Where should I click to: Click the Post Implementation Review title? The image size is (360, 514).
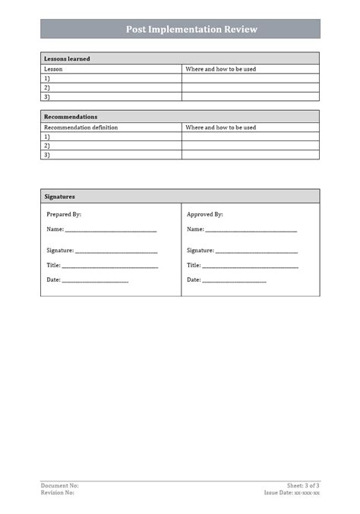click(191, 30)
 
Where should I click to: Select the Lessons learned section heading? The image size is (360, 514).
click(67, 58)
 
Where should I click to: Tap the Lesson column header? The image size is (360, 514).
click(53, 68)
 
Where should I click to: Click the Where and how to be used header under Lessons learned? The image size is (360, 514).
click(220, 68)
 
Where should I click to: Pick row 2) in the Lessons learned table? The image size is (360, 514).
click(47, 87)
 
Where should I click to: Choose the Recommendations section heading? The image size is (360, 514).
click(71, 117)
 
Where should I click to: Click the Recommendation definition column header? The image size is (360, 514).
click(81, 128)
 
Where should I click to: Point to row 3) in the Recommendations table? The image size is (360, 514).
click(47, 155)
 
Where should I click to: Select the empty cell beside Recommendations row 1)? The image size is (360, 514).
click(250, 137)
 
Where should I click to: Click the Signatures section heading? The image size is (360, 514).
click(59, 196)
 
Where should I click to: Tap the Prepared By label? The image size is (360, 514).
click(64, 214)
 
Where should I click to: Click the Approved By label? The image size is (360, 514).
click(205, 214)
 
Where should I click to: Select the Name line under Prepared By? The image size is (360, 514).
click(110, 229)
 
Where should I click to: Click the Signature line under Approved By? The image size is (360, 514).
click(256, 251)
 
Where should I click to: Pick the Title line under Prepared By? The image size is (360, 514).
click(109, 266)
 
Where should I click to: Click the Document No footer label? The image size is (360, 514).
click(59, 485)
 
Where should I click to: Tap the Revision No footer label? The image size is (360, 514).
click(58, 493)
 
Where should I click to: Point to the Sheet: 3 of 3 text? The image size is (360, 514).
click(303, 485)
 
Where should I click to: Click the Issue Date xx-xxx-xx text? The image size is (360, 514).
click(292, 493)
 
